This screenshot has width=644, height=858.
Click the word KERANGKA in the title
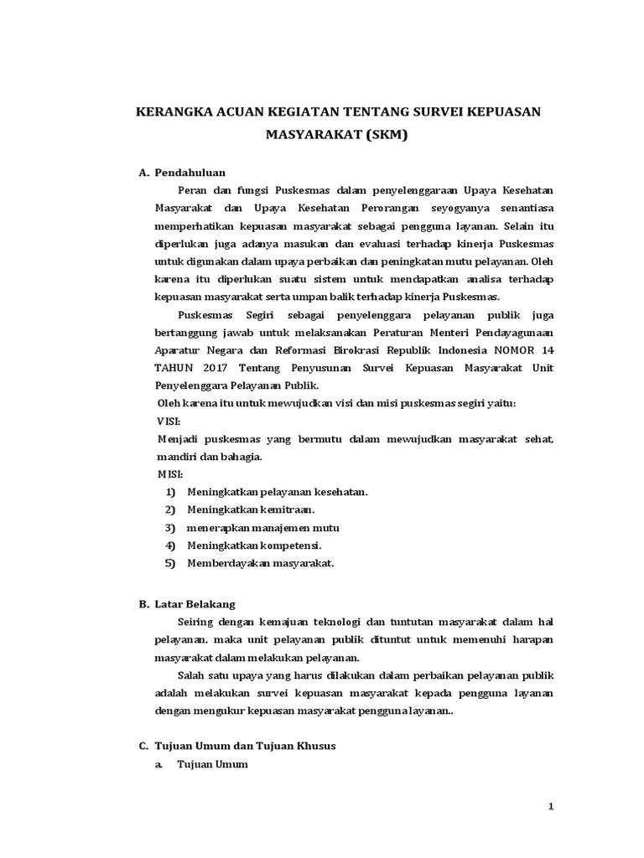click(174, 112)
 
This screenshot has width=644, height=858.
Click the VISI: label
click(169, 421)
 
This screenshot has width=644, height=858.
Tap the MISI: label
click(169, 473)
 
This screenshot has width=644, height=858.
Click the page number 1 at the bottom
click(551, 806)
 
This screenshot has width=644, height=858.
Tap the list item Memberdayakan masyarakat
click(260, 563)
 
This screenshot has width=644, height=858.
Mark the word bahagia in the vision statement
click(244, 457)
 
